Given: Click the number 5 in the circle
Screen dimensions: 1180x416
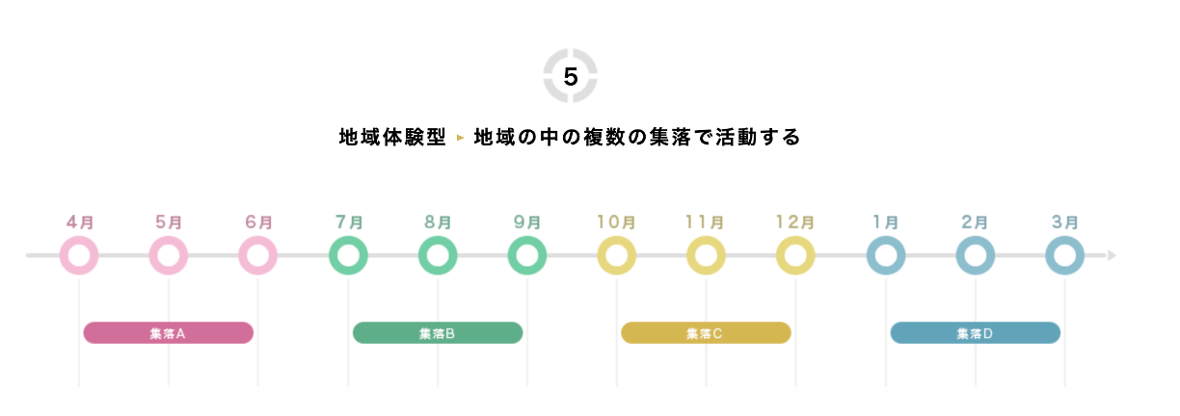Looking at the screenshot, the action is pos(570,77).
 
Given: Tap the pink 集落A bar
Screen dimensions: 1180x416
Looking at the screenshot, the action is pos(168,333).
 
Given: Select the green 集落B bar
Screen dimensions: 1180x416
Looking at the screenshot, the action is pos(437,333).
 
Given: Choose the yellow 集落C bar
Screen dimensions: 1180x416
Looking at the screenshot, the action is pos(705,333).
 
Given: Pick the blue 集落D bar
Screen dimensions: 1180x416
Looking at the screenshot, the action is pos(975,333).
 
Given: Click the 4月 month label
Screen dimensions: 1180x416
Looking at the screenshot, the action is pos(80,221).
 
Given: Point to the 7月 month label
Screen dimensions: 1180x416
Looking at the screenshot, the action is pos(348,221).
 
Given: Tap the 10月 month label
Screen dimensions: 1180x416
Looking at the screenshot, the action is pos(616,221).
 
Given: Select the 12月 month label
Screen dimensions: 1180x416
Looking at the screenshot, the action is pos(795,221).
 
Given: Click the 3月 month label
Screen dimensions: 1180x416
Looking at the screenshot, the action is pos(1064,221).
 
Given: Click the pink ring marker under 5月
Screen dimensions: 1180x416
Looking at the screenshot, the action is pos(169,256).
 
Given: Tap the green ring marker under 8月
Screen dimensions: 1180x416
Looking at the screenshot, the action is pos(438,256).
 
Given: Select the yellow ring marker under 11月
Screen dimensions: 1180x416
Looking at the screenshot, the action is pos(706,256).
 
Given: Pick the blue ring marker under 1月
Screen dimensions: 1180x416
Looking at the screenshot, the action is pos(885,256).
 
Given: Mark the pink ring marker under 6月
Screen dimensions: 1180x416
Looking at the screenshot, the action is pos(258,256).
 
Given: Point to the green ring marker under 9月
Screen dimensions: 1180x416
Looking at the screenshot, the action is pos(527,256).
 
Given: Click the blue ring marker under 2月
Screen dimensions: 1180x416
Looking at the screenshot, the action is pos(975,256).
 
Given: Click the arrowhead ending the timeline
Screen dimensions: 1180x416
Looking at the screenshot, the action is pos(1112,256).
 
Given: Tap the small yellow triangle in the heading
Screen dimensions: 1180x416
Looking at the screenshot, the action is pos(460,139).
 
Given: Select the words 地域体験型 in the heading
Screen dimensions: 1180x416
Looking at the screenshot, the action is pos(392,138).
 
